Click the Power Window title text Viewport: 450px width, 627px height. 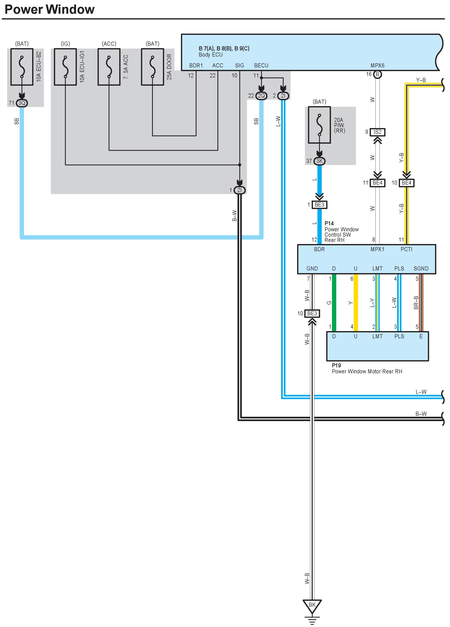pos(50,9)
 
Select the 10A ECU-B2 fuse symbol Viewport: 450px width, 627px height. pos(22,67)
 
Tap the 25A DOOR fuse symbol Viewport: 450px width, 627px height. pos(152,67)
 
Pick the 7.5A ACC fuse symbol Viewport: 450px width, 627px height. pos(109,67)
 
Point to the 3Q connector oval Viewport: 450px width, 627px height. pos(22,103)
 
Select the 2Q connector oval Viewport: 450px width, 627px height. pos(261,96)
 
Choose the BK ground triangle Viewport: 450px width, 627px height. pos(312,605)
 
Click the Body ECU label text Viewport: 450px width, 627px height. pos(211,55)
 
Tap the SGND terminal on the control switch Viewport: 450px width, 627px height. pos(421,268)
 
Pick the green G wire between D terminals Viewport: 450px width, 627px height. pos(334,303)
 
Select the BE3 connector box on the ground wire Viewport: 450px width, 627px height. pos(312,313)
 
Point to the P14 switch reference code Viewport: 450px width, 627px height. pos(329,223)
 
